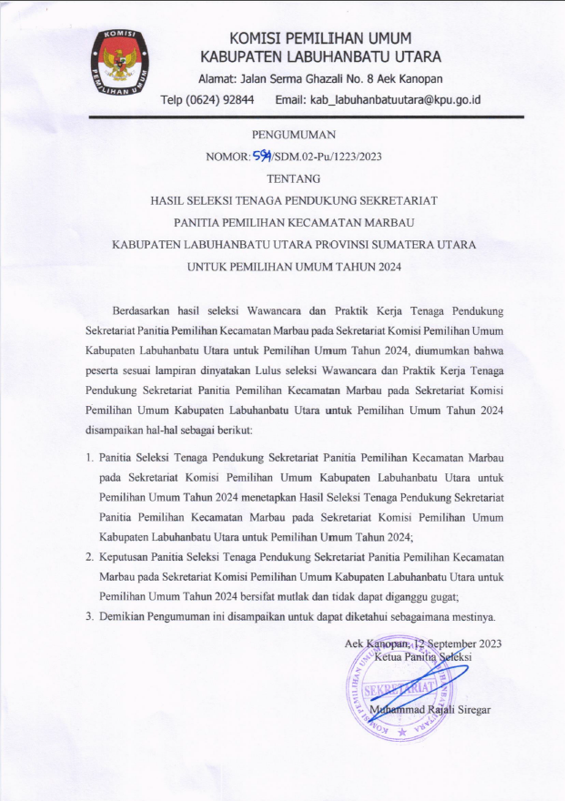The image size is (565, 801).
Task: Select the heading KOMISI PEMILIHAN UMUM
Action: pos(320,38)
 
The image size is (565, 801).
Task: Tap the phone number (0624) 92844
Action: pos(220,99)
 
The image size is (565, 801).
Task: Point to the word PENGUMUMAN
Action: pos(293,135)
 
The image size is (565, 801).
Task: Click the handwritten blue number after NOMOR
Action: pos(264,155)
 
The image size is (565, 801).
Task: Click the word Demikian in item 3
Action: pos(124,617)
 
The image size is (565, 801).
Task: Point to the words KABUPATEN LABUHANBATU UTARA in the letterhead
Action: pos(320,57)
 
